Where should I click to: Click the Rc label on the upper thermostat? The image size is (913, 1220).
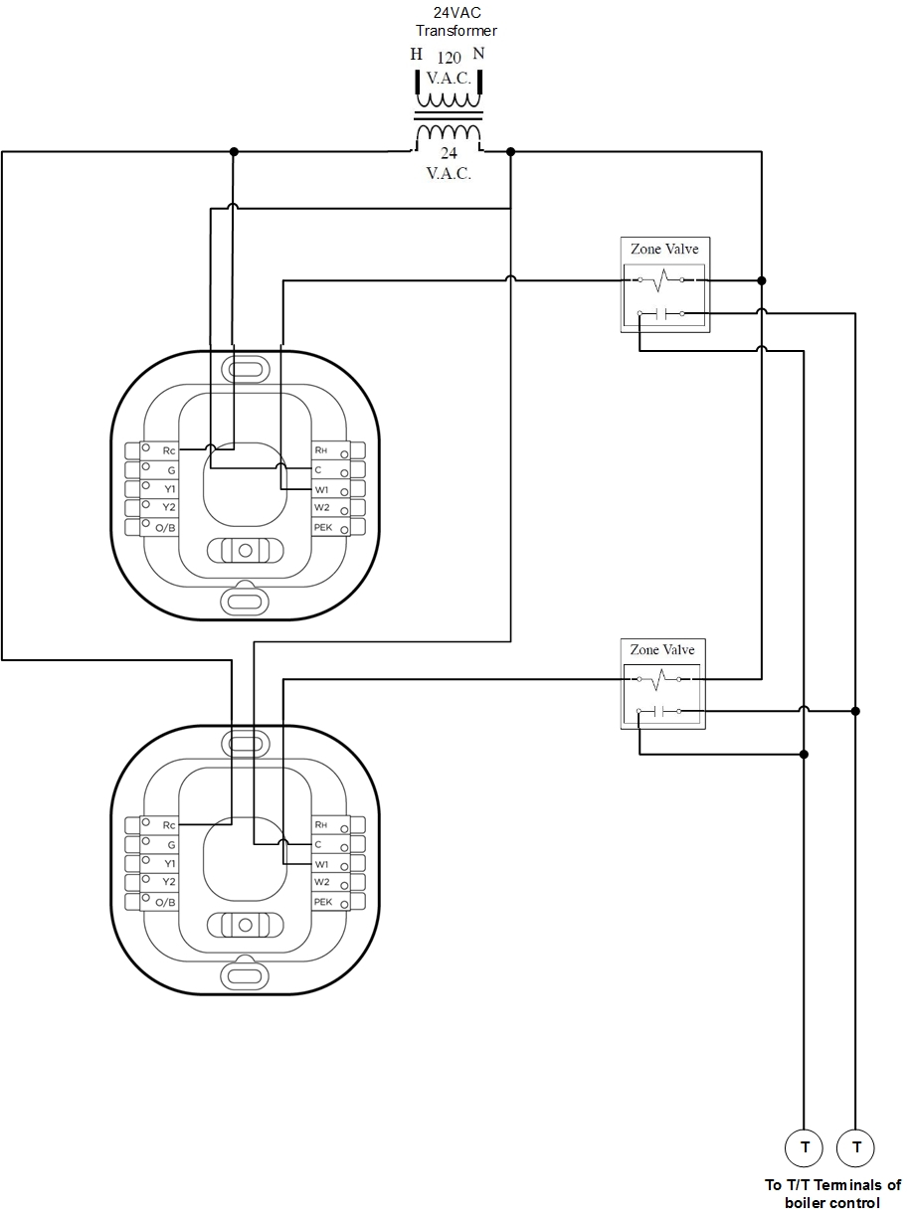click(169, 450)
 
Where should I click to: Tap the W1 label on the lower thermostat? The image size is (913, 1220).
click(322, 864)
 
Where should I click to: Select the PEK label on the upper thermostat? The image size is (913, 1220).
click(323, 527)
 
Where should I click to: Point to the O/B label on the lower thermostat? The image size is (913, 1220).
click(165, 902)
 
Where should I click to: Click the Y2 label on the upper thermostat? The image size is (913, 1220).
click(169, 507)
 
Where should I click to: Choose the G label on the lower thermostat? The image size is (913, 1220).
click(172, 845)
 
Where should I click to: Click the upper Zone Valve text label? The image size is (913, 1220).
click(664, 249)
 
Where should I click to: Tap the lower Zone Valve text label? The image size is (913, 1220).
click(661, 649)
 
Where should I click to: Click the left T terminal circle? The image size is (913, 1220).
click(804, 1147)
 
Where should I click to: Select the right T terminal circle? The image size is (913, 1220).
click(855, 1147)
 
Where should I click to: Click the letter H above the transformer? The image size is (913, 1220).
click(416, 54)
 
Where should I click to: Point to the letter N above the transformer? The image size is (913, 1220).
click(478, 54)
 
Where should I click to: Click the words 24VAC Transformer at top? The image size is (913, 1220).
click(456, 21)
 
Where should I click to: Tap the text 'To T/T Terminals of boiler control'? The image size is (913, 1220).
click(832, 1193)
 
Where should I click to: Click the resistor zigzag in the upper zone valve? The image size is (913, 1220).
click(661, 280)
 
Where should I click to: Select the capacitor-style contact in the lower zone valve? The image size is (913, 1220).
click(659, 711)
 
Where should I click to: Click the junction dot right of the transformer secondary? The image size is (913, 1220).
click(510, 152)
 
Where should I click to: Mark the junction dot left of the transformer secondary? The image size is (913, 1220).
click(234, 152)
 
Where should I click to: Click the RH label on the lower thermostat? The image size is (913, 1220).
click(320, 825)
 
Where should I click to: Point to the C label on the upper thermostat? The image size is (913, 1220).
click(318, 469)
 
